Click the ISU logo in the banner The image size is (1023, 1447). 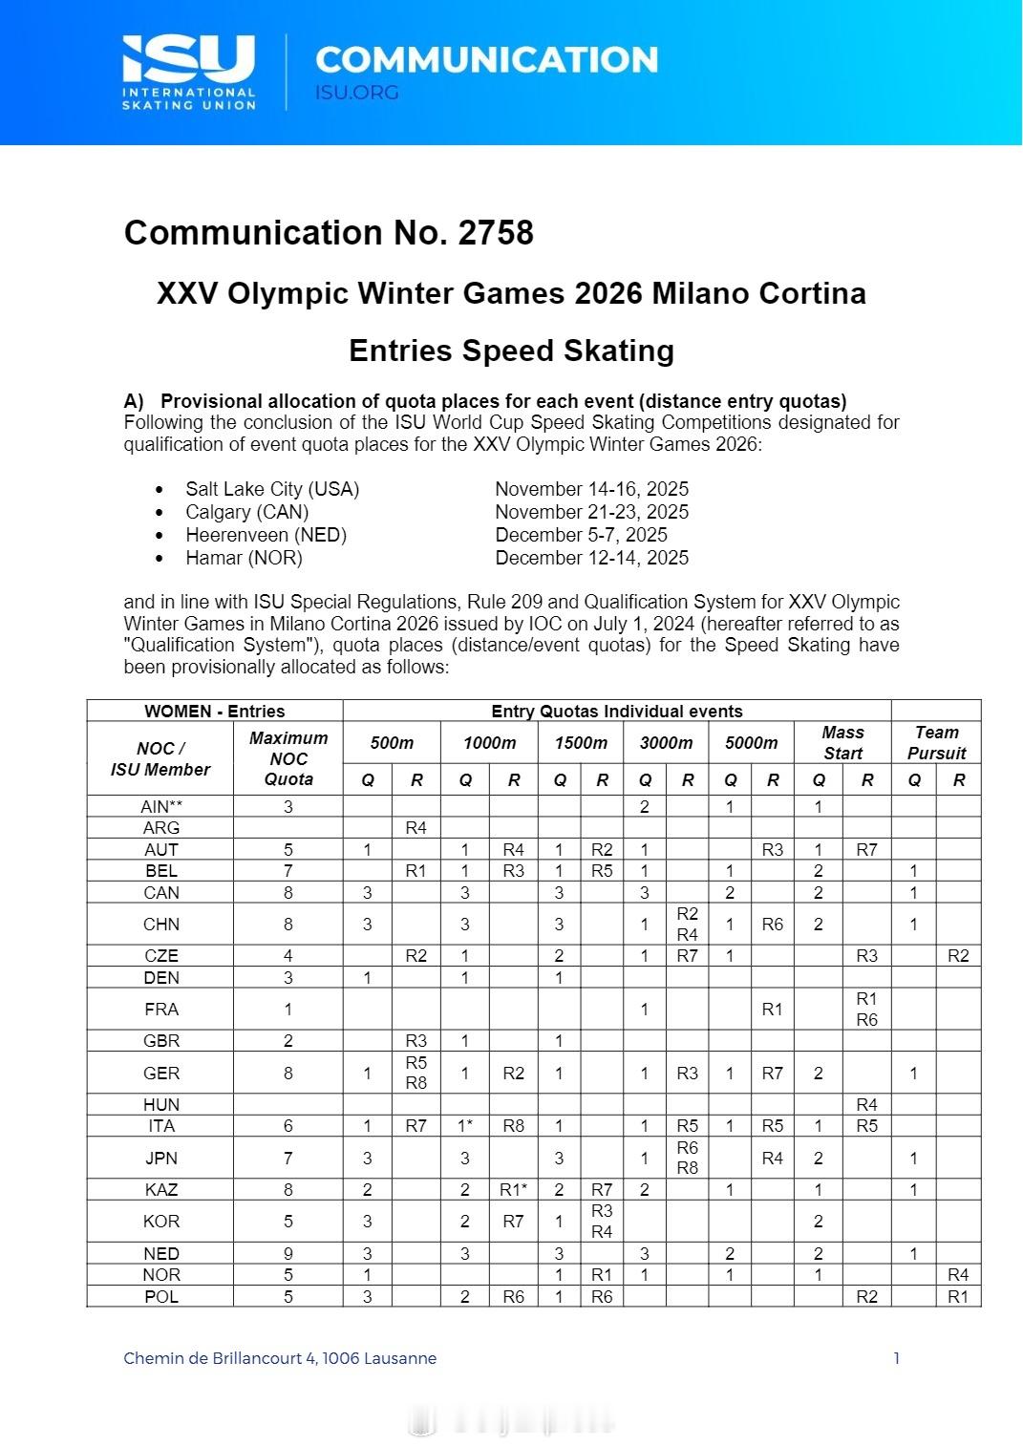[x=189, y=72]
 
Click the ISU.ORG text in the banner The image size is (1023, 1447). [x=356, y=93]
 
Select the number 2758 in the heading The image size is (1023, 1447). [x=495, y=233]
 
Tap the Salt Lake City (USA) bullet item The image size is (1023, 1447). [x=272, y=489]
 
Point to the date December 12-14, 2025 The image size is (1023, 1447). [x=591, y=558]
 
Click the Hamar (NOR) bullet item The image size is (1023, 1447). [x=244, y=558]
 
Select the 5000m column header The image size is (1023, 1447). [x=751, y=742]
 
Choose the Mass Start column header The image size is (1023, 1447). [x=842, y=742]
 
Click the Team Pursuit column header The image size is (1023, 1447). [x=936, y=742]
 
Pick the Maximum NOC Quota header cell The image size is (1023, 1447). [x=288, y=758]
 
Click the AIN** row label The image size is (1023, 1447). [x=160, y=806]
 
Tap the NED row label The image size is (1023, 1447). [x=160, y=1253]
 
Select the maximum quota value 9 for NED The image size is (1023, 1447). [x=288, y=1253]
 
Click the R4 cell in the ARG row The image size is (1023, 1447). [x=416, y=828]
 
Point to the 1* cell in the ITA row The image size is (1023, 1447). [x=465, y=1126]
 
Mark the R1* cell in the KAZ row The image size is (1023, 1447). [x=514, y=1190]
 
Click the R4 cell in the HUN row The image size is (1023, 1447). [x=866, y=1105]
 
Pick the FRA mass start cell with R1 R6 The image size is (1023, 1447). [x=866, y=1010]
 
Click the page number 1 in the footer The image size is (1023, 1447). [x=896, y=1358]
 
